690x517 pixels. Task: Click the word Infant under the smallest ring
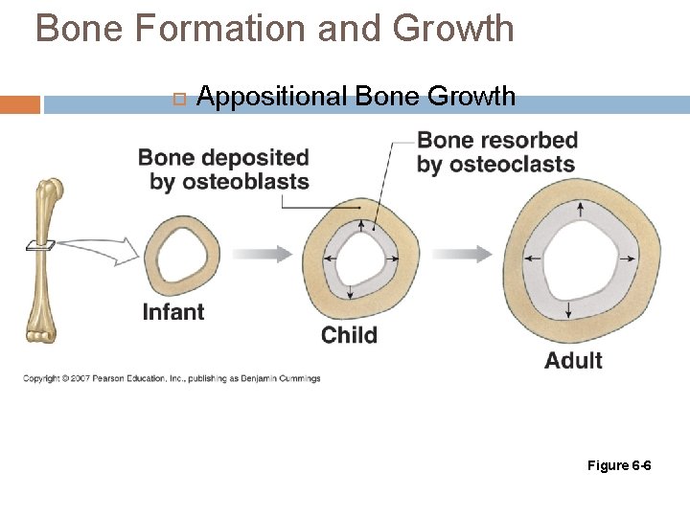pyautogui.click(x=172, y=311)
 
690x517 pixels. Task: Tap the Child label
pyautogui.click(x=349, y=335)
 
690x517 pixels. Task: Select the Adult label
pyautogui.click(x=573, y=361)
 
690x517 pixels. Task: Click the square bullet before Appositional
pyautogui.click(x=178, y=98)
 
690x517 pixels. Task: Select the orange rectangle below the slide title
pyautogui.click(x=20, y=103)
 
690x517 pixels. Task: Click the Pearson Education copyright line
pyautogui.click(x=172, y=378)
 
